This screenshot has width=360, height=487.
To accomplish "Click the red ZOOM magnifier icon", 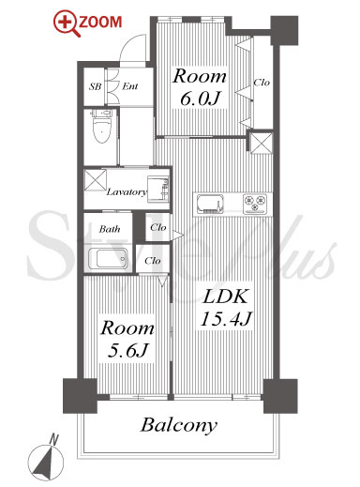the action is point(66,23).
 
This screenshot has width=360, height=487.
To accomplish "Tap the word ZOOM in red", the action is point(100,22).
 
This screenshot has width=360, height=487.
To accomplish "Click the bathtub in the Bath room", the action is point(108,258).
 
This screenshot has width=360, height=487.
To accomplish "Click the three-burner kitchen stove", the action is point(255,204).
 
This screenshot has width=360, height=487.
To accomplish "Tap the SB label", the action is point(95,86).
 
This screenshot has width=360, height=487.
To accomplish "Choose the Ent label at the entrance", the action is point(130,86).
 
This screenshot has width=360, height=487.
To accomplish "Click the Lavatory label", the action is point(127,191).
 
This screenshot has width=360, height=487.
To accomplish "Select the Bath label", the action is point(110,229).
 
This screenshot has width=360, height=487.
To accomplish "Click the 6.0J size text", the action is point(200,98).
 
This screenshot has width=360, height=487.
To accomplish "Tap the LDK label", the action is point(226,297).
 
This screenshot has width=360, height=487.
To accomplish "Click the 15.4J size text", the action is point(226,319).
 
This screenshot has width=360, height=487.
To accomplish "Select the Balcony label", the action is point(179,425).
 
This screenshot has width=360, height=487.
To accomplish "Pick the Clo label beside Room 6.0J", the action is point(262,83).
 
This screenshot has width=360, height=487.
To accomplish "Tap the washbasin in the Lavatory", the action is point(158,189).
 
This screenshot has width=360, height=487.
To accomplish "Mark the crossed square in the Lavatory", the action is point(96,179).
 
